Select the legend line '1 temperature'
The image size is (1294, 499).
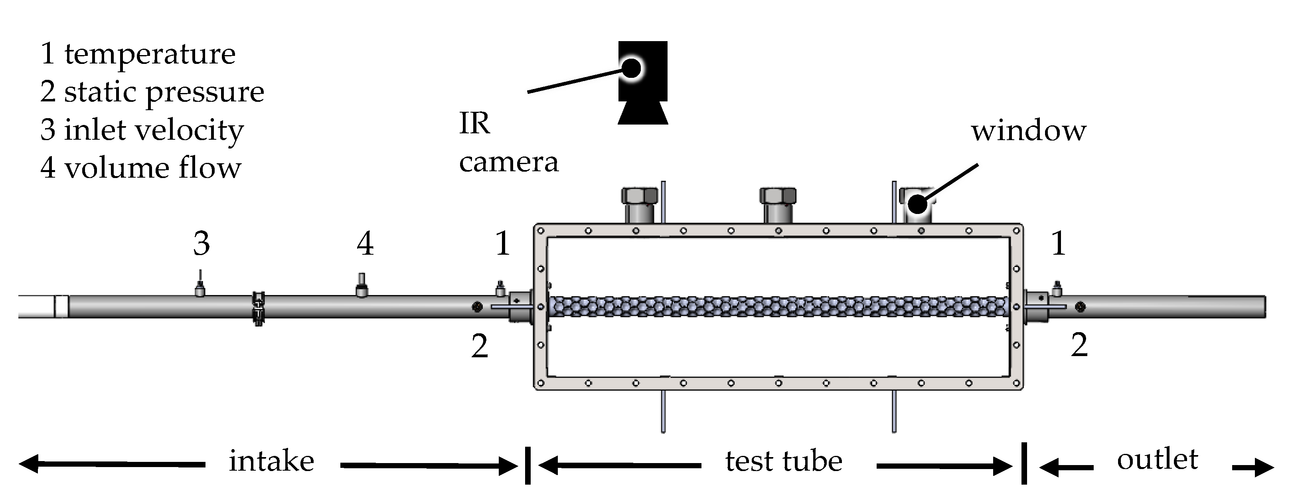click(138, 54)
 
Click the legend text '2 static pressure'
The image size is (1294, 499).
click(152, 92)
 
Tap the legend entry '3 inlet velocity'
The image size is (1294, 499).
click(142, 130)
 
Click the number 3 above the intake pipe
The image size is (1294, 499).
click(202, 244)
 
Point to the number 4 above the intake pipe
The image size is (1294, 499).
click(365, 244)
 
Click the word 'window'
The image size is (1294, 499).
click(1028, 131)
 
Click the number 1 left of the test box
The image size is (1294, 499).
click(503, 244)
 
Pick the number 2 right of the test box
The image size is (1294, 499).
click(1079, 346)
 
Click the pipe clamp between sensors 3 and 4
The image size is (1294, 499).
click(258, 307)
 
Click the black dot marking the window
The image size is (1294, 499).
click(917, 204)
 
